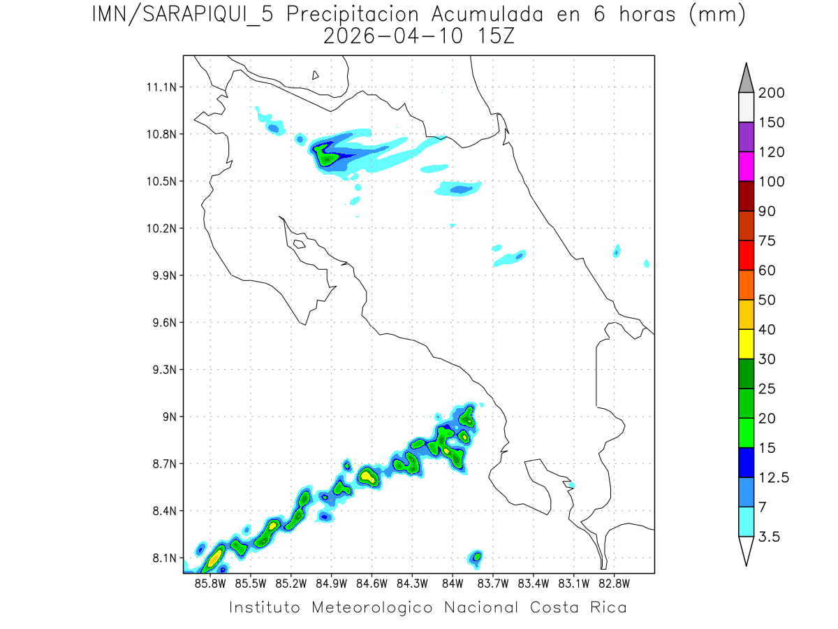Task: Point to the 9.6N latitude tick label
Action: pyautogui.click(x=162, y=323)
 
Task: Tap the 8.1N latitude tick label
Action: pyautogui.click(x=162, y=558)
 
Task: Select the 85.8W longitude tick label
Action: pyautogui.click(x=210, y=583)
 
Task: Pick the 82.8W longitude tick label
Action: pyautogui.click(x=614, y=583)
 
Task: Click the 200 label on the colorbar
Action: pyautogui.click(x=771, y=93)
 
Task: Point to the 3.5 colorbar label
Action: pyautogui.click(x=771, y=537)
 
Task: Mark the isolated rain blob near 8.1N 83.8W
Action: pyautogui.click(x=476, y=556)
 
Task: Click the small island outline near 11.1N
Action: pyautogui.click(x=316, y=75)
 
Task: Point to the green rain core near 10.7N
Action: pyautogui.click(x=325, y=155)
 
